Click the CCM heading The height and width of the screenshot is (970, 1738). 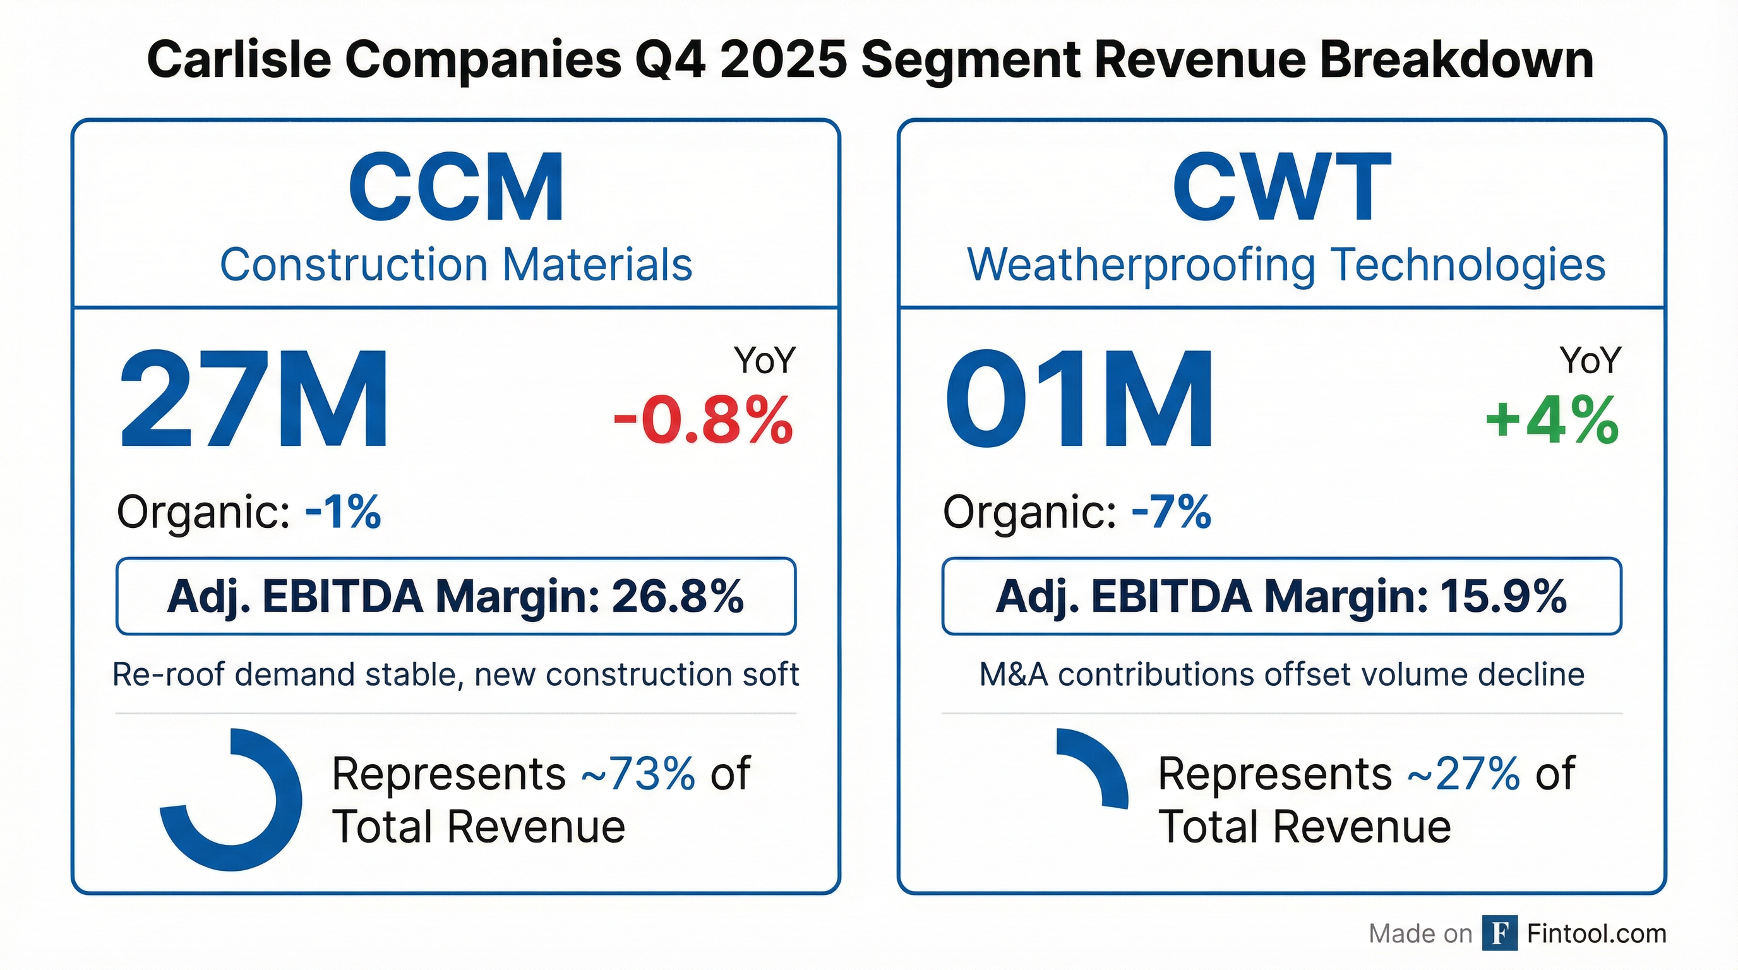click(456, 187)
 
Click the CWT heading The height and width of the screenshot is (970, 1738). click(1281, 187)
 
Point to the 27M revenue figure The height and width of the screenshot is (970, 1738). click(254, 399)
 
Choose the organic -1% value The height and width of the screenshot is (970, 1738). click(344, 512)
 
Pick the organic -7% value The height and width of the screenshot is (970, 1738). click(1172, 512)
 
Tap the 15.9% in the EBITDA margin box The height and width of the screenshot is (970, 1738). click(1502, 596)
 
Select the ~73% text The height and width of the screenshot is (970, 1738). click(638, 773)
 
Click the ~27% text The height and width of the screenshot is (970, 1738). click(1463, 773)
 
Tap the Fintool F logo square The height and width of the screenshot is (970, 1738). click(1500, 933)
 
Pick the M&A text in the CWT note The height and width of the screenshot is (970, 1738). click(1014, 674)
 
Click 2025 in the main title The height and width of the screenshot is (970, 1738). click(782, 59)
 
